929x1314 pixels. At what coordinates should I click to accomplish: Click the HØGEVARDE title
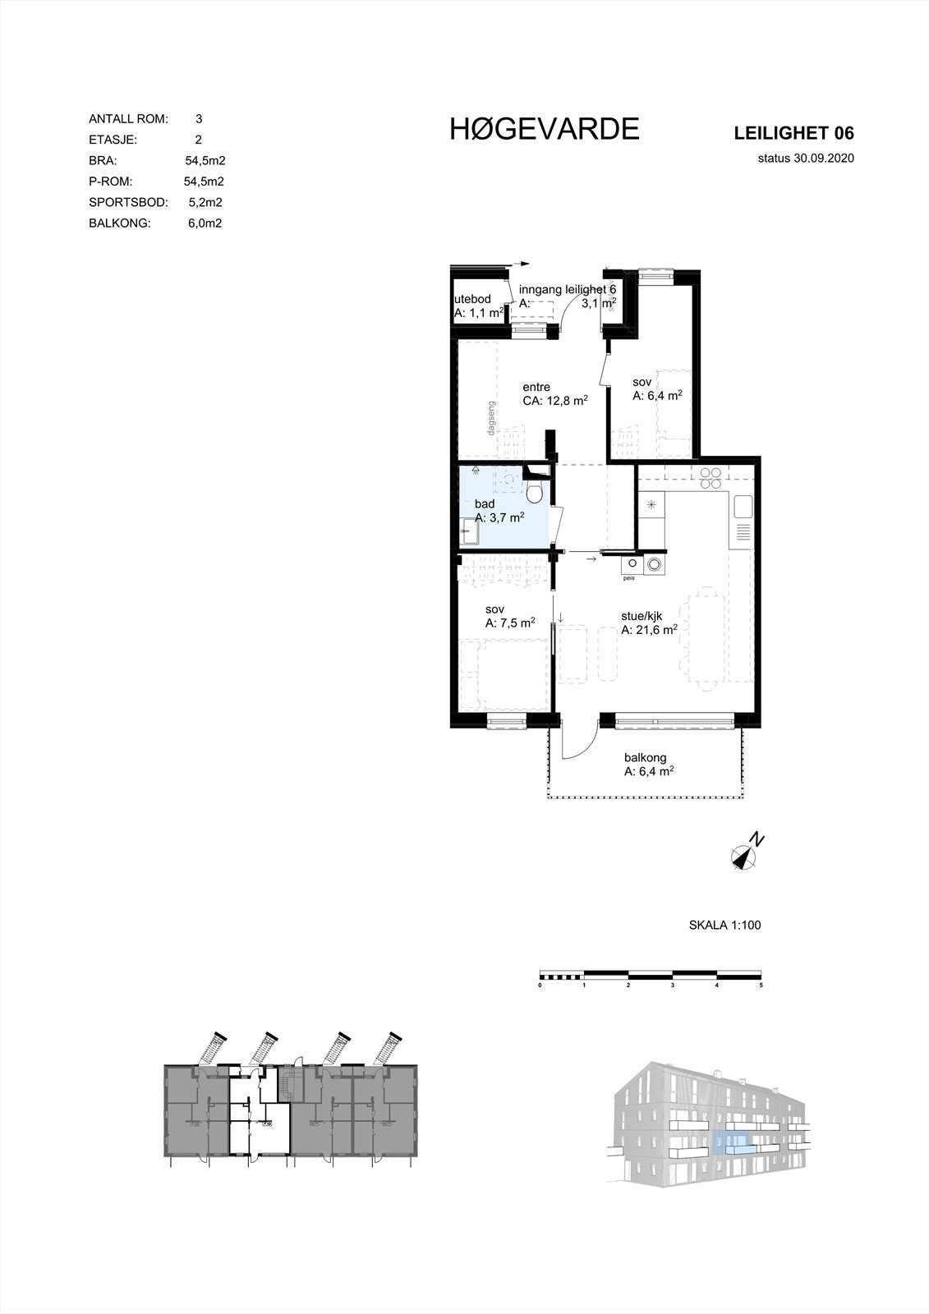[x=544, y=129]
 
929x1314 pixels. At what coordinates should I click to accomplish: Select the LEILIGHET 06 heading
[x=793, y=133]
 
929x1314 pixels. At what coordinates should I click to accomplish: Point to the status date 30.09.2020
[x=807, y=159]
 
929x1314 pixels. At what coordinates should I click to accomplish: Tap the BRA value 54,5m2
[x=205, y=161]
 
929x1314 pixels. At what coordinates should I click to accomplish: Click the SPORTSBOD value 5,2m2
[x=205, y=202]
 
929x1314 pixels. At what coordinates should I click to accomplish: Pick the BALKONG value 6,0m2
[x=205, y=223]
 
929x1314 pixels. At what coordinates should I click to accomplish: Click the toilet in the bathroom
[x=535, y=492]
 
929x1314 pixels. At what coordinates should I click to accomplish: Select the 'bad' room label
[x=484, y=503]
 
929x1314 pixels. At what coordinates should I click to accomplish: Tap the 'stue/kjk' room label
[x=642, y=616]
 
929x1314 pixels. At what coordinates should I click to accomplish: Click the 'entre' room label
[x=536, y=388]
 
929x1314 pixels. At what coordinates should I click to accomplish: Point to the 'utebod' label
[x=472, y=299]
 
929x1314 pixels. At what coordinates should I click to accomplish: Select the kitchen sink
[x=743, y=506]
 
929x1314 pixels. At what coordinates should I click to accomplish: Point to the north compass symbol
[x=746, y=856]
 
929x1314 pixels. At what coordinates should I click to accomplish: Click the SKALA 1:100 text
[x=724, y=925]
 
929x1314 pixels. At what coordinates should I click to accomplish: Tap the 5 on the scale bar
[x=761, y=985]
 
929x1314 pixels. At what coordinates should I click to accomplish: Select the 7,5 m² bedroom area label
[x=510, y=623]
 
